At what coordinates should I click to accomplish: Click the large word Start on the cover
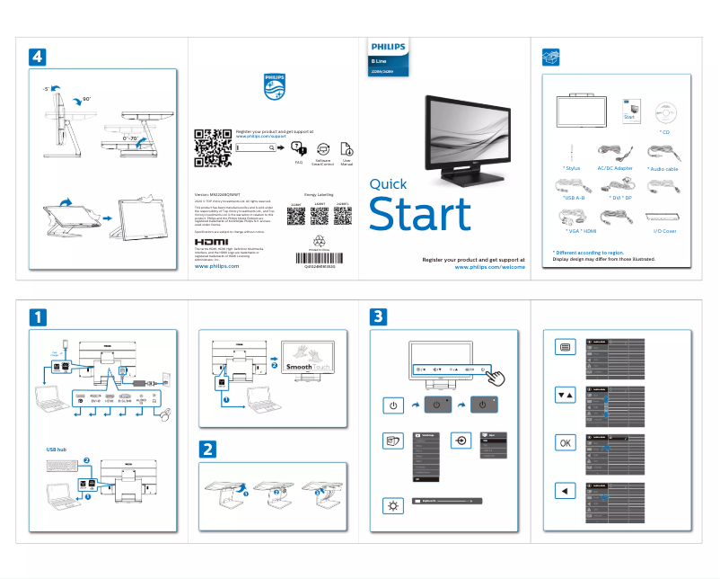click(x=420, y=214)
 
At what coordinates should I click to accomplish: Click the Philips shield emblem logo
click(x=274, y=87)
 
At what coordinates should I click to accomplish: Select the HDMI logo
click(x=212, y=242)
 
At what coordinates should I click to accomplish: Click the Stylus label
click(x=572, y=168)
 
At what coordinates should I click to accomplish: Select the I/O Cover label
click(x=664, y=231)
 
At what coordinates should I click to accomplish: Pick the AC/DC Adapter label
click(x=615, y=168)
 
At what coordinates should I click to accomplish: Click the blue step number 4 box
click(x=37, y=56)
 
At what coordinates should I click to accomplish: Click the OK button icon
click(x=565, y=442)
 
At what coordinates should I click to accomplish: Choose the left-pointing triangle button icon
click(x=565, y=491)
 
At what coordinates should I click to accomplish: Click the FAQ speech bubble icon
click(x=300, y=149)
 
